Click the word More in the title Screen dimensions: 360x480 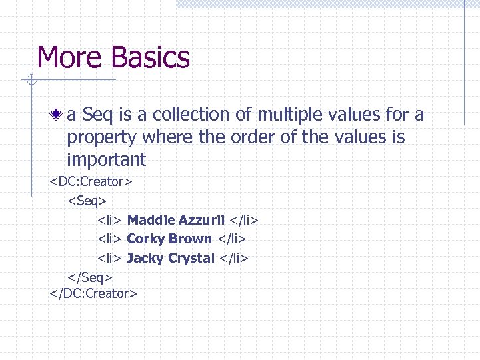(x=71, y=58)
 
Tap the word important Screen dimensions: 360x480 (x=106, y=160)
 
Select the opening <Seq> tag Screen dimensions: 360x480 (x=87, y=200)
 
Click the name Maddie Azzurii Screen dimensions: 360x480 (x=175, y=219)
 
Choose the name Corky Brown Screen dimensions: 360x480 (x=169, y=239)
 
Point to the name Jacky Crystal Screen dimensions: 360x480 (x=171, y=258)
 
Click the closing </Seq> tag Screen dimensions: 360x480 (x=90, y=276)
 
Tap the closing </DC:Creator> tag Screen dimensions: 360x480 (x=93, y=293)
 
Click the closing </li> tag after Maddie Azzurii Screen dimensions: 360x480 (x=243, y=219)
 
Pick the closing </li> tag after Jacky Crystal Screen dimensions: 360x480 (x=233, y=258)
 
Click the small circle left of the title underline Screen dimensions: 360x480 (x=29, y=81)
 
